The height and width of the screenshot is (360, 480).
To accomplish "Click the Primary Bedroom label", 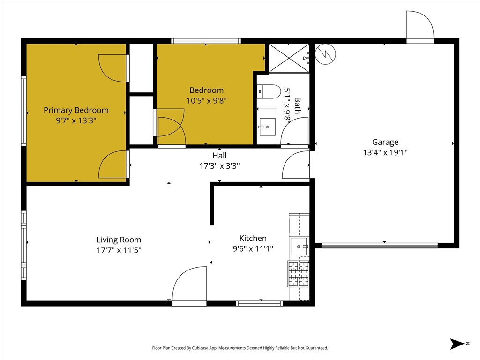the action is pos(76,110).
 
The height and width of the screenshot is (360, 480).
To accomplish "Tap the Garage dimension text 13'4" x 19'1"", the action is pos(385,152).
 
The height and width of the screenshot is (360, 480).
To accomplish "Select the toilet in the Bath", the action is pos(269,91).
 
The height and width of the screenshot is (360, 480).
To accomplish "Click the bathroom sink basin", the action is pos(267,127).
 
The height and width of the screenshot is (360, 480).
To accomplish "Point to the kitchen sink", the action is pos(299,246).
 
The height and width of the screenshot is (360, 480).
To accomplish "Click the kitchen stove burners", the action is pos(299,274).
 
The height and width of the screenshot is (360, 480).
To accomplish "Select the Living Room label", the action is pos(119,240).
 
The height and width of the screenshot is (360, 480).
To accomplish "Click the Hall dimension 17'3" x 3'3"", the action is pos(219,166).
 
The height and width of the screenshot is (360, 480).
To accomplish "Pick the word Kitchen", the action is pos(253,238).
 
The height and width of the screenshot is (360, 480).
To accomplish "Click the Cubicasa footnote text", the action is pos(240,348).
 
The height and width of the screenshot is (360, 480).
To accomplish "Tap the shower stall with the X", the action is pos(289,58).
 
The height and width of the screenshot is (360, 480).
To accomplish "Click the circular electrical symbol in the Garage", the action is pos(325,54).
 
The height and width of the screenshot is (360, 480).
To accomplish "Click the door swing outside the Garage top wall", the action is pos(420,26).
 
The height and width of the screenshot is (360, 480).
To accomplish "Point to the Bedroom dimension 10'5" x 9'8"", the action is pos(207,100).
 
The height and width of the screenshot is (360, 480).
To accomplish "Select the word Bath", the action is pos(297,105).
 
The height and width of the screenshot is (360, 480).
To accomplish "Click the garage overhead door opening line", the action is pos(380,245).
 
